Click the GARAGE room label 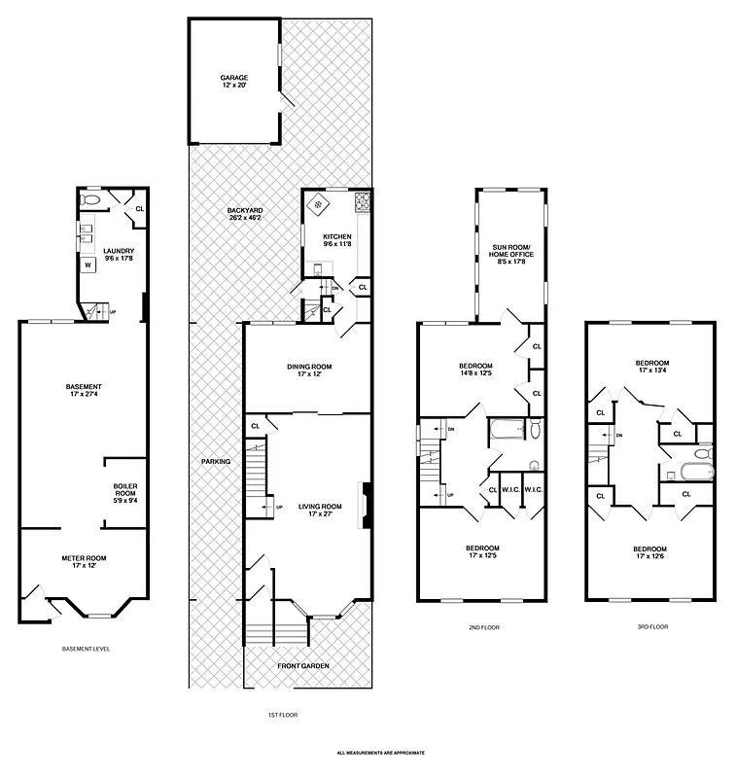(x=233, y=77)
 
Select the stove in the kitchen (x=364, y=203)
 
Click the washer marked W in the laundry (x=87, y=264)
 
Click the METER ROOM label (x=84, y=558)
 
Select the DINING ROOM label (x=309, y=367)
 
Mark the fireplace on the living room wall (x=366, y=505)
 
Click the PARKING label (x=216, y=461)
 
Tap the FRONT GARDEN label (x=302, y=665)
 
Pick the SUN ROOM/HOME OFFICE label (x=510, y=252)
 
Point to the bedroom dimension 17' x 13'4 (x=652, y=371)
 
